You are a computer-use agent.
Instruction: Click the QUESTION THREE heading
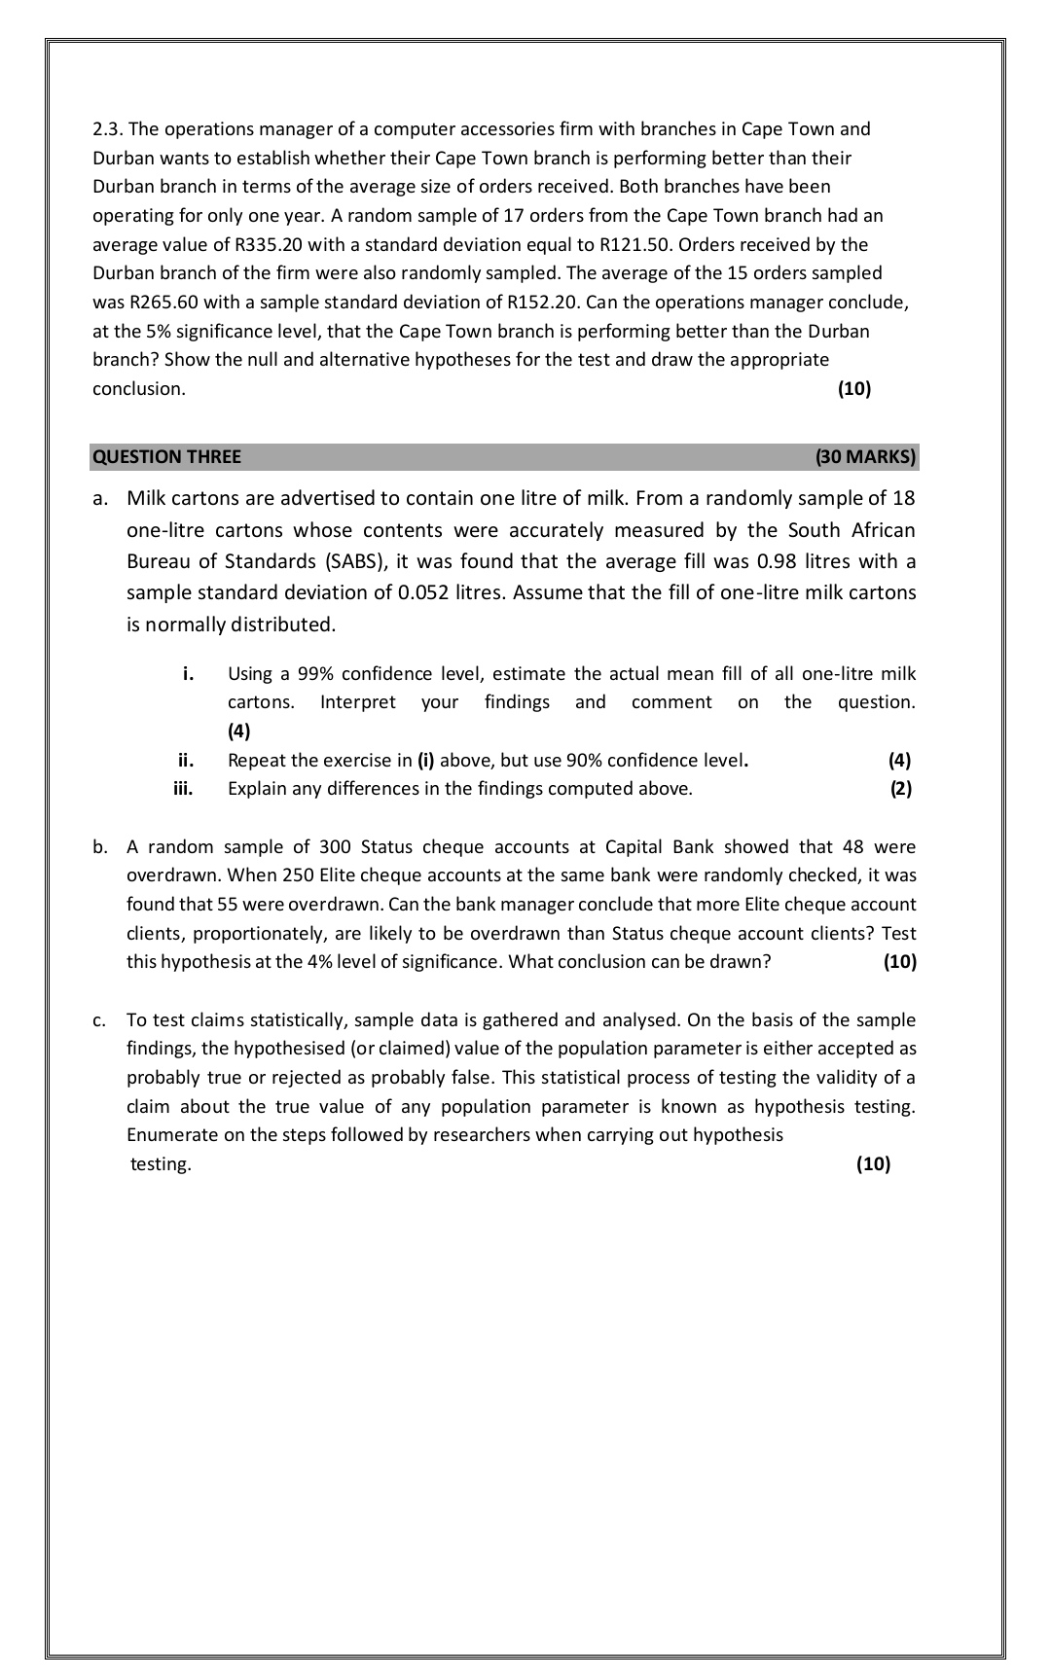pyautogui.click(x=166, y=457)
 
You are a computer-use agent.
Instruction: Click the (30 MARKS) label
pyautogui.click(x=865, y=457)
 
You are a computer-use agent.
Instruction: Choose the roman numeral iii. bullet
pyautogui.click(x=183, y=789)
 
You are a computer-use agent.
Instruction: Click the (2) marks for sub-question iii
pyautogui.click(x=900, y=789)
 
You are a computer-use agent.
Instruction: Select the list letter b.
pyautogui.click(x=99, y=847)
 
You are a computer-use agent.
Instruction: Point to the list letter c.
pyautogui.click(x=99, y=1020)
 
